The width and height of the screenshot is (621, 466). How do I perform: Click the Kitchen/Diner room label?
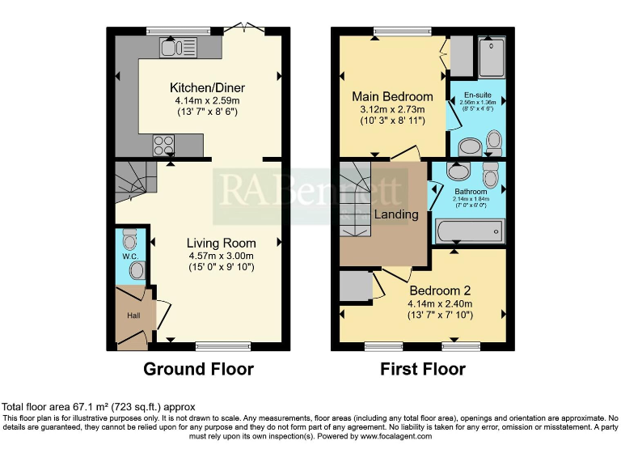click(207, 88)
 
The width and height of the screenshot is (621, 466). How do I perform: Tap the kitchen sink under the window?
click(172, 49)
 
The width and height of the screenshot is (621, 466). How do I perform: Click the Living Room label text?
click(221, 243)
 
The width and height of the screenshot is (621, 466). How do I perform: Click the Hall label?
click(133, 314)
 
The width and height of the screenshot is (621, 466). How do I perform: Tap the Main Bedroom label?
click(392, 96)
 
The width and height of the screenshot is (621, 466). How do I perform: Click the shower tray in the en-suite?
click(490, 55)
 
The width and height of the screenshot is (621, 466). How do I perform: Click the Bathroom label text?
click(472, 193)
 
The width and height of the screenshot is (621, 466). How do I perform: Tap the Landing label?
click(395, 214)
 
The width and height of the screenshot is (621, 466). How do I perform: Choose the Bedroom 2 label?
click(440, 291)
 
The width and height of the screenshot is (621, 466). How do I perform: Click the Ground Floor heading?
click(198, 369)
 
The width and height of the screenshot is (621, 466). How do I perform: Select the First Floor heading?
click(423, 369)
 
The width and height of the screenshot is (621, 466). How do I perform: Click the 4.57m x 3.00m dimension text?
click(221, 256)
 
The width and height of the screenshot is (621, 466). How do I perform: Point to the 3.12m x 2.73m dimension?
click(392, 108)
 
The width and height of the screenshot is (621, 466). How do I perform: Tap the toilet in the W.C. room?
click(130, 240)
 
